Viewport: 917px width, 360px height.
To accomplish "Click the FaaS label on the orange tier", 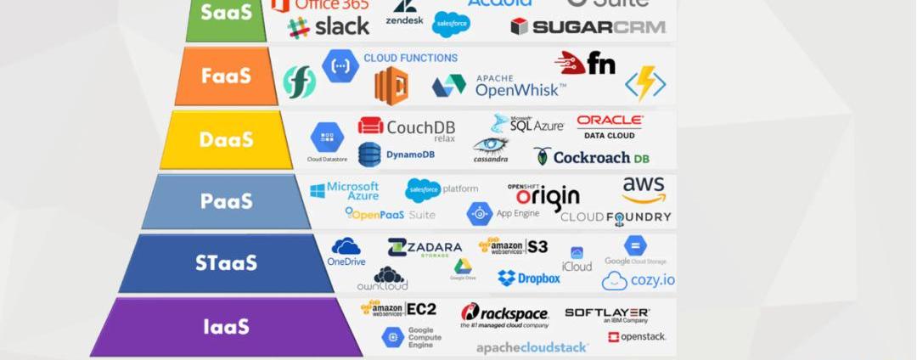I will (226, 76).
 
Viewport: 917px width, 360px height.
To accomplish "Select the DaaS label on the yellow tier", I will (226, 139).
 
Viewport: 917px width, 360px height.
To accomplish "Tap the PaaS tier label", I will (226, 201).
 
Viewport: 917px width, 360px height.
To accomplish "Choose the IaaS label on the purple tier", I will (226, 326).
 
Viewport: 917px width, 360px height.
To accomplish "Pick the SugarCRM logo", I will (588, 27).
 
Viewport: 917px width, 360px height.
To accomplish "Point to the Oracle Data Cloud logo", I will (610, 127).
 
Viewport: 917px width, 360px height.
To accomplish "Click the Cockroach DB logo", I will (591, 157).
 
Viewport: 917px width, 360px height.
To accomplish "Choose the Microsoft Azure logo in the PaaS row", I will (344, 190).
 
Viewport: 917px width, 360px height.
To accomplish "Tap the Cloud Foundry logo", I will (616, 217).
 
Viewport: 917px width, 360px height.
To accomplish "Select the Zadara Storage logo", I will (425, 248).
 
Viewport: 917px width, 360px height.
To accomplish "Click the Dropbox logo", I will (529, 278).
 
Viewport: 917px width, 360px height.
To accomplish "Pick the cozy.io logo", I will (639, 280).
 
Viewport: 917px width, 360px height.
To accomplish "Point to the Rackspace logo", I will (504, 315).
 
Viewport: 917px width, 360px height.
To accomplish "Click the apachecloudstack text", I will (532, 347).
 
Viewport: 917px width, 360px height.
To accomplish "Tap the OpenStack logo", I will (637, 337).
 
